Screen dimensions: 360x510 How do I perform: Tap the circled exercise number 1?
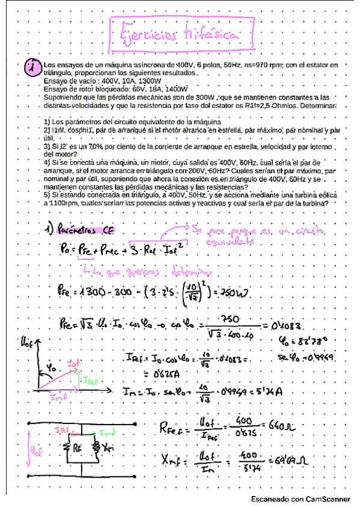31,68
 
